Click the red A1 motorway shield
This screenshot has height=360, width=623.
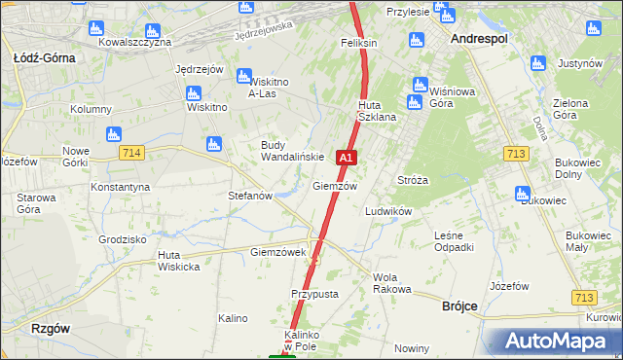tap(347, 157)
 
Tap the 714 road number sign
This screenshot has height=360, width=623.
tap(133, 153)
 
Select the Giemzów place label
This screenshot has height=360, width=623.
tap(335, 186)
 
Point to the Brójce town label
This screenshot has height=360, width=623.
tap(453, 306)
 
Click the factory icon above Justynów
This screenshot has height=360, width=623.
tap(538, 64)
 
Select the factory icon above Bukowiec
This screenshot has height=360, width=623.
tap(522, 193)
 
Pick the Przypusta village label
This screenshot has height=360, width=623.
tap(313, 294)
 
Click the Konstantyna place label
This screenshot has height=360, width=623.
tap(120, 186)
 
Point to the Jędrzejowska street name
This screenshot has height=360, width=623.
tap(264, 31)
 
